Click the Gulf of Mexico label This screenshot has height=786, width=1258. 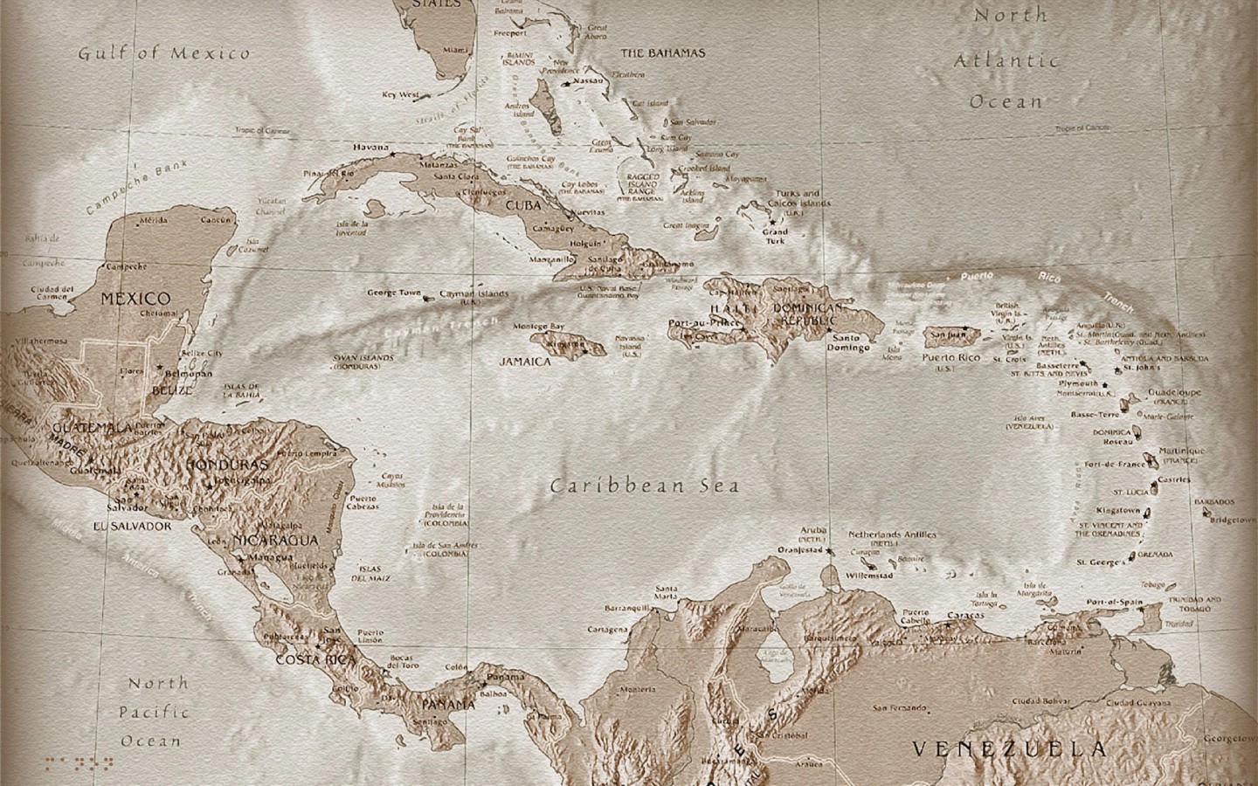[164, 53]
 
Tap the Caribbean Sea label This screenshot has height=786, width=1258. [645, 486]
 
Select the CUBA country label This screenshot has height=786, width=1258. [523, 206]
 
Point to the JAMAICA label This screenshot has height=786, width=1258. [525, 361]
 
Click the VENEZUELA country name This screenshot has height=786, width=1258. [1009, 748]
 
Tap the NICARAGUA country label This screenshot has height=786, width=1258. [276, 541]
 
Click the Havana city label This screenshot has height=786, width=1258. [370, 148]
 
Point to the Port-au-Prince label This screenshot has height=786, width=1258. [699, 322]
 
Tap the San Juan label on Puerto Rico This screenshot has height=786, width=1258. [945, 334]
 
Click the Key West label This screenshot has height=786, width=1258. [400, 93]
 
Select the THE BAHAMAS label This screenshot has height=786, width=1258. [662, 53]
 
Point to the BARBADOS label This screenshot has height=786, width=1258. [1215, 502]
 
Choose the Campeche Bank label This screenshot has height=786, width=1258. [132, 190]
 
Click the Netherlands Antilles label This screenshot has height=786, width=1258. [892, 534]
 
